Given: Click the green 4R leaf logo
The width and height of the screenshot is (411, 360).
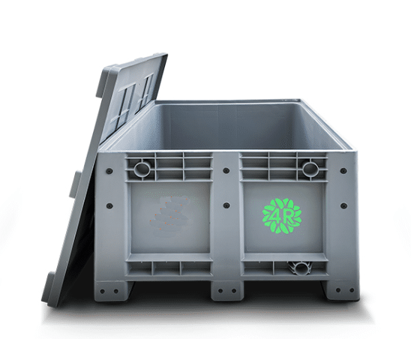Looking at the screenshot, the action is coord(282,216).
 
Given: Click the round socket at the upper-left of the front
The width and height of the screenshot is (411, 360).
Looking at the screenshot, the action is coord(142,169).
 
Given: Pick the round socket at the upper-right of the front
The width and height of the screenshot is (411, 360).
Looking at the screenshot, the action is coord(310,169).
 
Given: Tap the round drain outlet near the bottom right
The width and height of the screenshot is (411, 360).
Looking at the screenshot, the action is coord(301,268).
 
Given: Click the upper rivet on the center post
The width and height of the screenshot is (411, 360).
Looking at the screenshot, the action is coord(226,171).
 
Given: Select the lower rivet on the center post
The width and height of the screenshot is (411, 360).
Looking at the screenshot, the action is coord(226,205).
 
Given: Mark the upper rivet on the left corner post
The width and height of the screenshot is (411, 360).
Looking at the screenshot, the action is coord(109,171).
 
